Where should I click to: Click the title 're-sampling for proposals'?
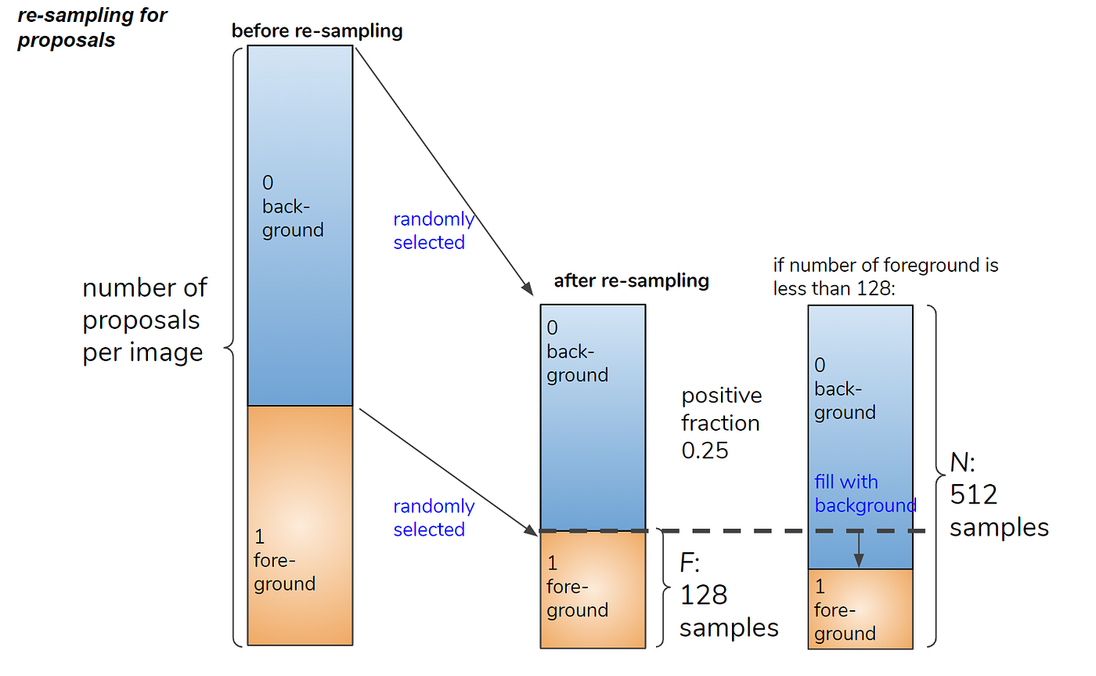click(92, 27)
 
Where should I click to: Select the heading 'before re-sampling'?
click(317, 31)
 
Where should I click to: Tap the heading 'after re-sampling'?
click(631, 281)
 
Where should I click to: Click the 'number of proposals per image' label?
click(145, 320)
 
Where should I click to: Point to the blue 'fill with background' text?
click(865, 493)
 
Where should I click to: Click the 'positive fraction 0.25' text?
click(721, 423)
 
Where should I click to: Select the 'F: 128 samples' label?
click(729, 595)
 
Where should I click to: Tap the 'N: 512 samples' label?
click(999, 494)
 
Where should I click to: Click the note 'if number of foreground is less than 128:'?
click(885, 277)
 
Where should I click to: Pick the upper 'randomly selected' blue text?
click(434, 230)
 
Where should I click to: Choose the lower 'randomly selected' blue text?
click(434, 518)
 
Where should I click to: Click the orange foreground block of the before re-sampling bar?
click(300, 526)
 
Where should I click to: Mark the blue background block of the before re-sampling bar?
click(300, 226)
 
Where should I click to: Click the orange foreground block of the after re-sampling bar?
click(593, 590)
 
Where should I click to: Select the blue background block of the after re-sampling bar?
click(593, 418)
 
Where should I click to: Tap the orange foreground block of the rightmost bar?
click(860, 609)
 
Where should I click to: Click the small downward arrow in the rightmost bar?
click(859, 549)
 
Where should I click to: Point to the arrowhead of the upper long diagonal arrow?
click(528, 289)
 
